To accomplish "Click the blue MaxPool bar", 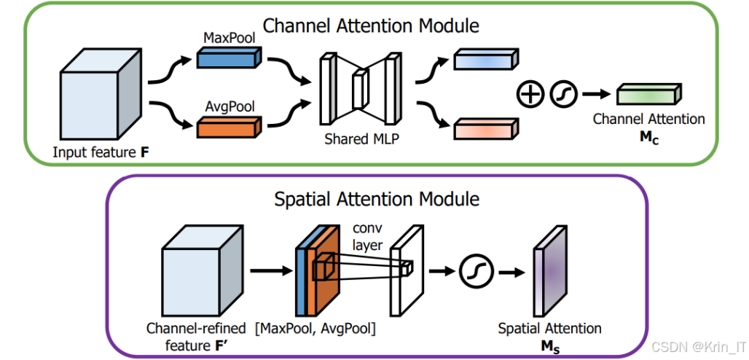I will tap(227, 58).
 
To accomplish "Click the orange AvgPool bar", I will tap(227, 128).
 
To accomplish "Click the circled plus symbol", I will tap(530, 95).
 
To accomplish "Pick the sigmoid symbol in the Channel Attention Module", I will tap(562, 95).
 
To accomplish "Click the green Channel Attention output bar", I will tap(648, 95).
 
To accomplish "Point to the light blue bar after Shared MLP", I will tap(486, 60).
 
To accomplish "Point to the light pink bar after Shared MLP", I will tap(486, 128).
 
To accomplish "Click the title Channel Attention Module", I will tap(371, 26).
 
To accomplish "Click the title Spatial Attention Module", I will tap(377, 197).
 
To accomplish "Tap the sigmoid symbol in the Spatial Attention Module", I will tap(477, 272).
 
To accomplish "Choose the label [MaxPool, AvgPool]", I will tap(315, 329).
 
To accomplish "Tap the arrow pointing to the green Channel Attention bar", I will tap(595, 95).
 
